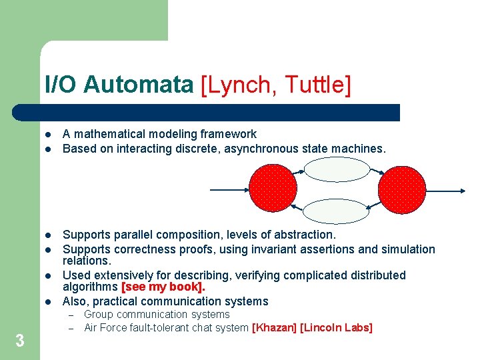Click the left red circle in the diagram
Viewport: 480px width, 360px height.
pyautogui.click(x=273, y=189)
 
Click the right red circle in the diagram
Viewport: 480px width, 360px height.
pyautogui.click(x=401, y=189)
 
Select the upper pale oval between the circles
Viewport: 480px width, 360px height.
pyautogui.click(x=337, y=169)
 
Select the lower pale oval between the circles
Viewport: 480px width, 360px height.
pyautogui.click(x=337, y=210)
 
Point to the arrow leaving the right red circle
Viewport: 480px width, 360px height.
pyautogui.click(x=445, y=190)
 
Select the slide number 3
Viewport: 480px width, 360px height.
pyautogui.click(x=20, y=341)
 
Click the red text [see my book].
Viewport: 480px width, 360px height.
pyautogui.click(x=163, y=287)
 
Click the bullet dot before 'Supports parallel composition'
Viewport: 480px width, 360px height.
pyautogui.click(x=47, y=235)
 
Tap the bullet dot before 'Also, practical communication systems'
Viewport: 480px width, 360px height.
pyautogui.click(x=47, y=301)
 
